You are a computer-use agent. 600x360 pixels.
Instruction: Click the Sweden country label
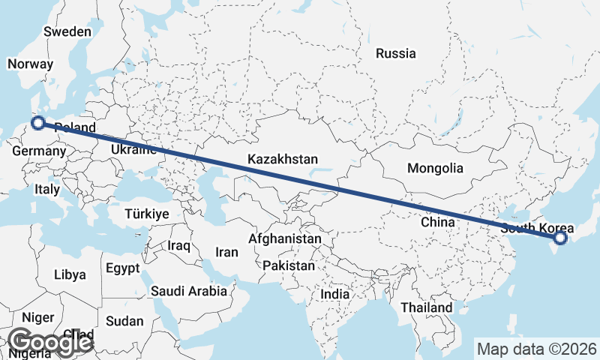pos(67,32)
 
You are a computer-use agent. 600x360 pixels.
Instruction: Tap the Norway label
pos(30,64)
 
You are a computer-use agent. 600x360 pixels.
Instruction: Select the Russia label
pos(395,53)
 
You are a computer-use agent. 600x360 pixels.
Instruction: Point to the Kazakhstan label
pos(283,160)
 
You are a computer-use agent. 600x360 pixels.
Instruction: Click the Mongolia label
pos(435,168)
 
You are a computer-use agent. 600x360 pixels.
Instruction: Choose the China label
pos(438,222)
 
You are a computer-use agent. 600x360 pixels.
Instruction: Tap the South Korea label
pos(537,228)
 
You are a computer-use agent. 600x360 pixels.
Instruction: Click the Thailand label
pos(426,307)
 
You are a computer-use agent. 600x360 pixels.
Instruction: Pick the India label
pos(334,295)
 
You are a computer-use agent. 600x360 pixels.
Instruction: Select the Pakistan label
pos(289,265)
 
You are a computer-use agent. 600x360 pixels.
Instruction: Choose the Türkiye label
pos(146,214)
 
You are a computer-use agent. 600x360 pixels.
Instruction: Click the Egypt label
pos(122,268)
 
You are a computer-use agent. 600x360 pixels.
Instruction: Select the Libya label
pos(70,274)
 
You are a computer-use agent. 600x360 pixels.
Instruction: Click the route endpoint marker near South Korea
pos(559,238)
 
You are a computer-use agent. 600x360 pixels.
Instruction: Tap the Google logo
pos(49,342)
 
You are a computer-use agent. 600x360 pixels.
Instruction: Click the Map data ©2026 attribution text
pos(537,348)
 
